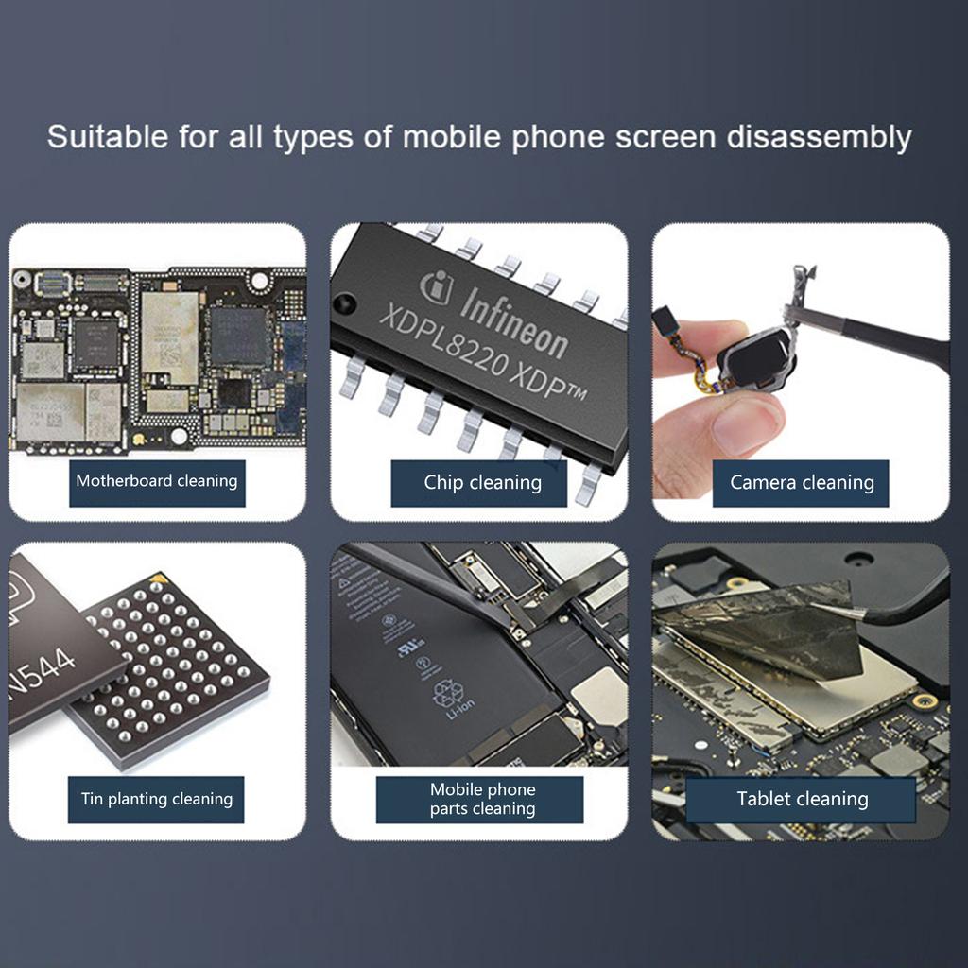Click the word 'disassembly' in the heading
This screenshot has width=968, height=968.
(x=818, y=138)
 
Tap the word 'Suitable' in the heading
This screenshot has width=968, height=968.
(x=106, y=137)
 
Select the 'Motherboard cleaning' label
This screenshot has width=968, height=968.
(x=157, y=482)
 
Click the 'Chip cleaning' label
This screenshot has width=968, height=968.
(x=482, y=483)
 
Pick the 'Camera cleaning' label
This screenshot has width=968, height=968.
(x=802, y=483)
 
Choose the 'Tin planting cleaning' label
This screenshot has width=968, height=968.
(x=157, y=800)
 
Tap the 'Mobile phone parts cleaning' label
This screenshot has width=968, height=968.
(x=482, y=800)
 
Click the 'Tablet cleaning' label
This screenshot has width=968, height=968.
(x=802, y=800)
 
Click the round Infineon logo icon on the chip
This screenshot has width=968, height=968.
(x=437, y=285)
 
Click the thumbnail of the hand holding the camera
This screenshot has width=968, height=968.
(x=801, y=372)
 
